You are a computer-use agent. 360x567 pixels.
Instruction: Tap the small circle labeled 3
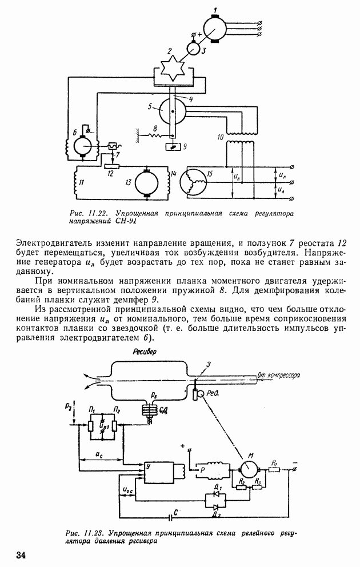[x=194, y=49]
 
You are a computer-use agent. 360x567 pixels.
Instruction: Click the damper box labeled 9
[x=173, y=146]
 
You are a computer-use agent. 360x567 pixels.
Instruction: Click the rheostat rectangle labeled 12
[x=111, y=166]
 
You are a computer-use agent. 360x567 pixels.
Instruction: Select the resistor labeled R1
[x=274, y=469]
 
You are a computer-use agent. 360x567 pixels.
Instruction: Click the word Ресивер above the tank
[x=145, y=352]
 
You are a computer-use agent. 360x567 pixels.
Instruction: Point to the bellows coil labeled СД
[x=149, y=411]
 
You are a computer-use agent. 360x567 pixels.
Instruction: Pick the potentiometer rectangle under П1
[x=90, y=425]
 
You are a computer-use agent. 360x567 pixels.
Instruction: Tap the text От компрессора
[x=278, y=375]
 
